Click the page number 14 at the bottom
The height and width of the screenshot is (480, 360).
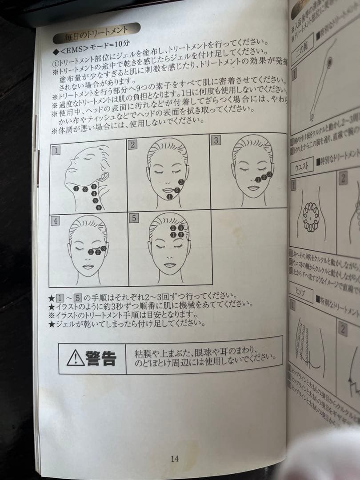(x=174, y=459)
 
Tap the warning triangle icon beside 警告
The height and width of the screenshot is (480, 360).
(x=76, y=357)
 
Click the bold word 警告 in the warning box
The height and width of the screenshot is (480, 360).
(x=101, y=357)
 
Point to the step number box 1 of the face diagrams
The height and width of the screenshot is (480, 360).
(x=56, y=150)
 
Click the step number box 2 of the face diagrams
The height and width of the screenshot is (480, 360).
(x=132, y=144)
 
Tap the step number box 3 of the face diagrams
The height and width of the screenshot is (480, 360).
(x=216, y=140)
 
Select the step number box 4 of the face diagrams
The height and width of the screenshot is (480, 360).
(x=55, y=221)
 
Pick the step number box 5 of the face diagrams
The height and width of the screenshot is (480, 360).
(x=134, y=218)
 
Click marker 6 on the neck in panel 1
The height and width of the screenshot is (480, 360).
(x=99, y=208)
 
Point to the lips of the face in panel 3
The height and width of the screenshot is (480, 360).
(x=253, y=188)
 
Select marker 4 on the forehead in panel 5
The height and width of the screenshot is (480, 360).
(x=181, y=228)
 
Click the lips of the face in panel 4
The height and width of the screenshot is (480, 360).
(x=88, y=266)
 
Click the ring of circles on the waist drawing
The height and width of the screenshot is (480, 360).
(x=311, y=217)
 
